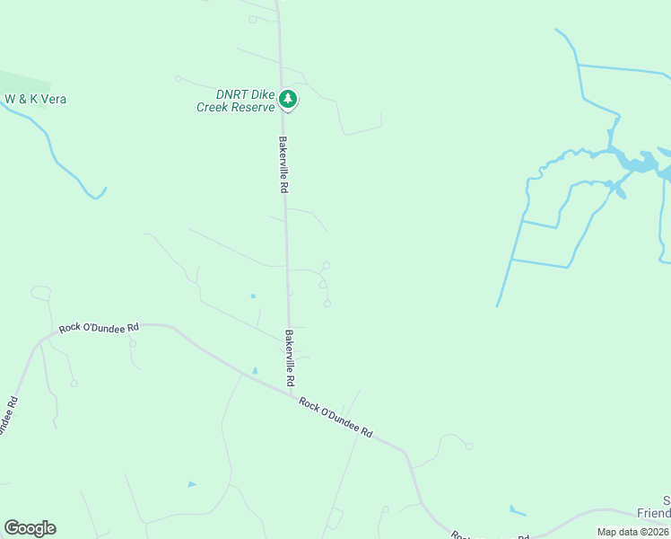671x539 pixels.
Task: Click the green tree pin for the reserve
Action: coord(287,99)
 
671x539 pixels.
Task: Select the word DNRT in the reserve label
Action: coord(231,94)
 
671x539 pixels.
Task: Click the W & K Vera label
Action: coord(36,99)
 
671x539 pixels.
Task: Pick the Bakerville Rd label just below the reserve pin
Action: coord(283,164)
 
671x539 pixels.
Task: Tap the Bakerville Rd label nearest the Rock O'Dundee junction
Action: coord(290,358)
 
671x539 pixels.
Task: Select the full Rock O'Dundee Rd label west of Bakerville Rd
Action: coord(99,329)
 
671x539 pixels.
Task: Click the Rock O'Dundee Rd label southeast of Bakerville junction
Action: coord(335,417)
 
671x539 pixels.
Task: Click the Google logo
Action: coord(30,528)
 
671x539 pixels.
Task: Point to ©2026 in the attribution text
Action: coord(656,532)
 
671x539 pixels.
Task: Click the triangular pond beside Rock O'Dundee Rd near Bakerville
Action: coord(255,370)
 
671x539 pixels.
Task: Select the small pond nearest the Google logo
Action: coord(191,484)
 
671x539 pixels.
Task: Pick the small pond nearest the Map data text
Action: coord(518,511)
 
